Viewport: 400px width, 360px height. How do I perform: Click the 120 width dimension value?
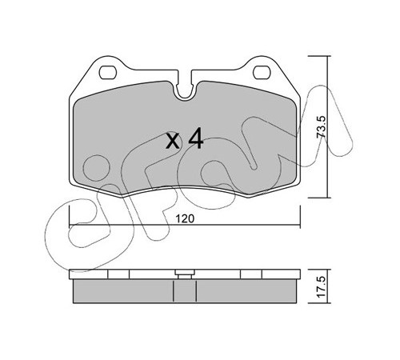185,218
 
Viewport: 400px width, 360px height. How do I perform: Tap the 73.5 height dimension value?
321,127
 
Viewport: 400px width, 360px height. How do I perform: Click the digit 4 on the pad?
196,139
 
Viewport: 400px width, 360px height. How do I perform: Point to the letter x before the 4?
173,142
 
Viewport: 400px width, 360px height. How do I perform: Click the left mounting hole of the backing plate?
108,72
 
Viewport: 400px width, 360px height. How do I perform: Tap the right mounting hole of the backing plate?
262,72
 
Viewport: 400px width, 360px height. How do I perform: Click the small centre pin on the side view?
185,274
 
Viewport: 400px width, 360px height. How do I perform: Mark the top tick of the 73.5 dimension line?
319,56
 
